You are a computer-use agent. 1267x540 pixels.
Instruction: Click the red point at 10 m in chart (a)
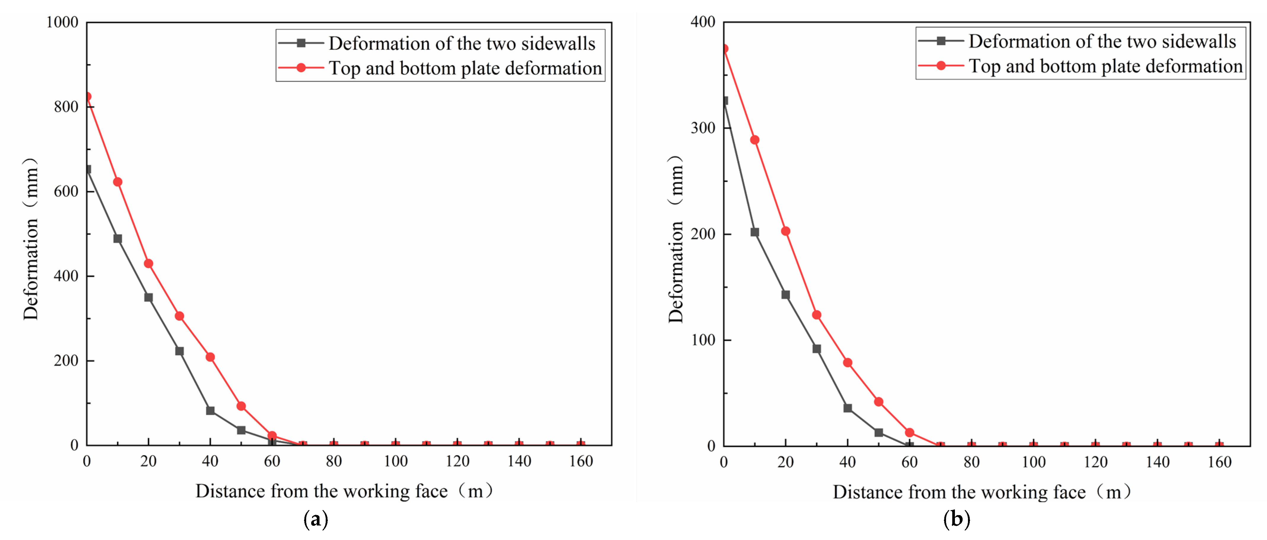tap(118, 182)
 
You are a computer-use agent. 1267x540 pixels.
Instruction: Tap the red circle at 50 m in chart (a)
tap(241, 406)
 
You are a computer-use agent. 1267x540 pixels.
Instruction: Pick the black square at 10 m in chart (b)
tap(755, 232)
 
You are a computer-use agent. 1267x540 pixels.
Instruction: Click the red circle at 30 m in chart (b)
tap(817, 315)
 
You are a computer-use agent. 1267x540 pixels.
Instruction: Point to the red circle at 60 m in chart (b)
tap(910, 433)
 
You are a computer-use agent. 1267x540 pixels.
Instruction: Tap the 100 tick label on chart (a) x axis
tap(395, 461)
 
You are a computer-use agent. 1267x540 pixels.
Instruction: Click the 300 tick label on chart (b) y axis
tap(703, 128)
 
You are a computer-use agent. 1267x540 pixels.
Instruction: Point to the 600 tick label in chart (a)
tap(66, 191)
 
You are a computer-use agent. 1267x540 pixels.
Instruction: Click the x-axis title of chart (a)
tap(344, 491)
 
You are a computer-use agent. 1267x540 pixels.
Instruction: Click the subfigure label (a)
tap(316, 519)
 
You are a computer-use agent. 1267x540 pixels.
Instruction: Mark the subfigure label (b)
tap(956, 519)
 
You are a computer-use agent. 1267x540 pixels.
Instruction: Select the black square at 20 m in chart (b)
tap(785, 295)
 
